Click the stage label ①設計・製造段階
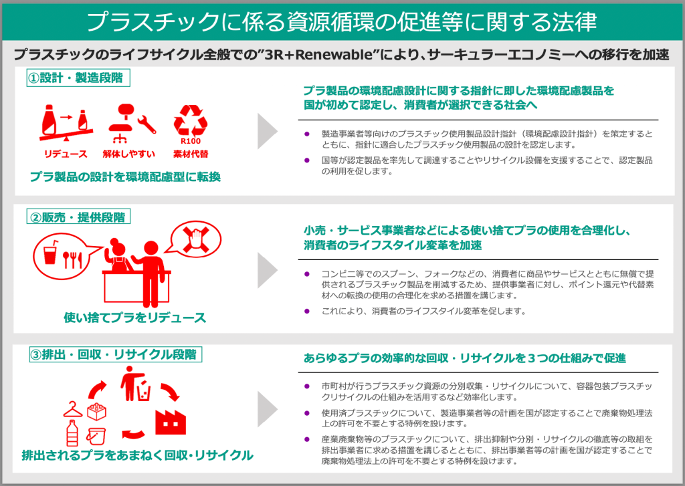[78, 78]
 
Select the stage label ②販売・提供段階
[79, 217]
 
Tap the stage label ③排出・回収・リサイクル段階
[115, 354]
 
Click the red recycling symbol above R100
[191, 120]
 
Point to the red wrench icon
[146, 124]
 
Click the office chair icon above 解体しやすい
[120, 123]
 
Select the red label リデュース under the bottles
[66, 154]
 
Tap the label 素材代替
[191, 154]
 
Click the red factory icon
[171, 421]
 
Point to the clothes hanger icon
[72, 410]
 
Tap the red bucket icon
[96, 436]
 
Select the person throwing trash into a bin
[134, 384]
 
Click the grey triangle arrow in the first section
[268, 131]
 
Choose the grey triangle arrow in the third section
[268, 409]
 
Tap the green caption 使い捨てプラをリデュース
[134, 318]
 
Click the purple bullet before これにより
[307, 312]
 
